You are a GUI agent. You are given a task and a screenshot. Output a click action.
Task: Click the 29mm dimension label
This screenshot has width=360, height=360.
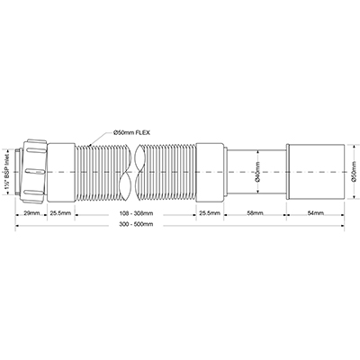click(30, 213)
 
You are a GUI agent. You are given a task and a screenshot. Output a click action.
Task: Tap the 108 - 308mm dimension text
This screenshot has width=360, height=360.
click(135, 213)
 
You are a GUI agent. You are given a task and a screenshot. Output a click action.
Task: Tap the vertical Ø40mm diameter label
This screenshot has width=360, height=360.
click(257, 170)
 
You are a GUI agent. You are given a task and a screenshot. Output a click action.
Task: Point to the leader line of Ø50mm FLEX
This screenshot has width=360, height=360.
click(103, 138)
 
